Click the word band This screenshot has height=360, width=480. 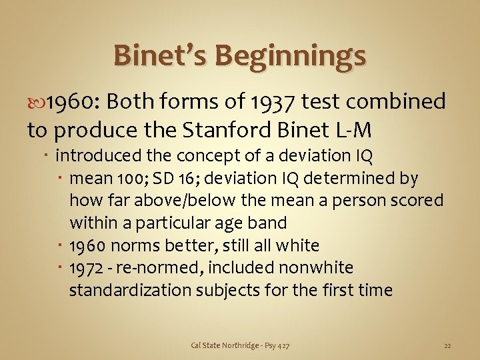pos(267,223)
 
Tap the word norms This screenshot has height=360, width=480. pos(132,245)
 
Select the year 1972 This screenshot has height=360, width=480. pos(86,268)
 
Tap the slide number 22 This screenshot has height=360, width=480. pos(447,345)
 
